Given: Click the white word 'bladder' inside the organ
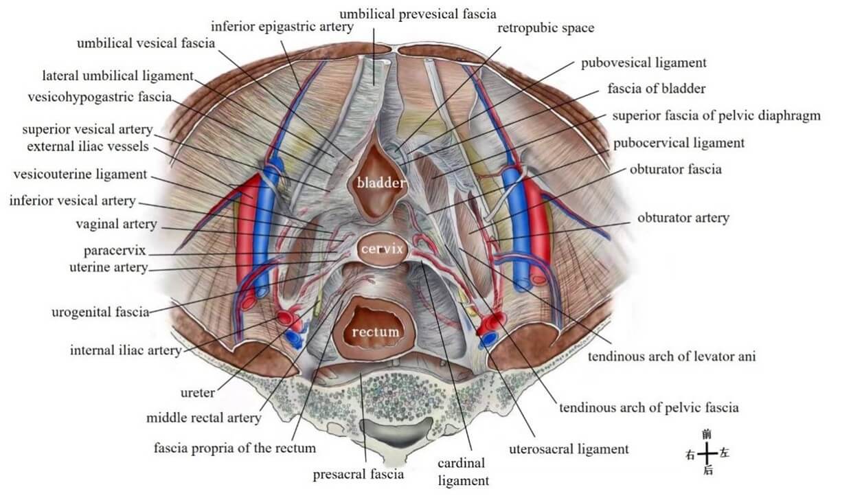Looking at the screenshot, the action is coord(381,183).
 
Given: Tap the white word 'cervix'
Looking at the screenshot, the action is coord(382,249).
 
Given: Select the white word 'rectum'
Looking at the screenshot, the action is coord(375,332).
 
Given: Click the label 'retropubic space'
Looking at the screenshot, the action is coord(545,28).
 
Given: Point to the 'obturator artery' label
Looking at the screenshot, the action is coord(683,218).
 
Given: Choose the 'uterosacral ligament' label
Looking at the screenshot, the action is coord(569,449).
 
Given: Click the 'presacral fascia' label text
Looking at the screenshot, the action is coord(359,474).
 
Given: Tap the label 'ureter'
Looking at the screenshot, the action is coord(198,393).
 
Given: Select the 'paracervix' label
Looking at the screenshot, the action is coord(115,251).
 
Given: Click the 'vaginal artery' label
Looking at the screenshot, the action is coord(116,224).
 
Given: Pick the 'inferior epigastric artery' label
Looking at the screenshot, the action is coord(282,27).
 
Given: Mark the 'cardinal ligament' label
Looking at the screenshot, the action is coord(463,472).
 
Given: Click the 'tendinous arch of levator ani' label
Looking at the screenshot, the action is coord(672,356).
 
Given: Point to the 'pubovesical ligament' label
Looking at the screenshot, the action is coord(644,63).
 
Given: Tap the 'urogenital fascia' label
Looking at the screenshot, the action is coord(100,312).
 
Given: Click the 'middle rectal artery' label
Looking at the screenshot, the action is coord(203,418).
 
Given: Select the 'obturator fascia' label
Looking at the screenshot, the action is coord(675,170).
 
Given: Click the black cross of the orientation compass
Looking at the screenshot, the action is coord(707,453).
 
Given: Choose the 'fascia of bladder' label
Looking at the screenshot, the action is coord(656,89).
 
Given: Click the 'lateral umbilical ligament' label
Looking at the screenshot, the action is coord(117,76).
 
